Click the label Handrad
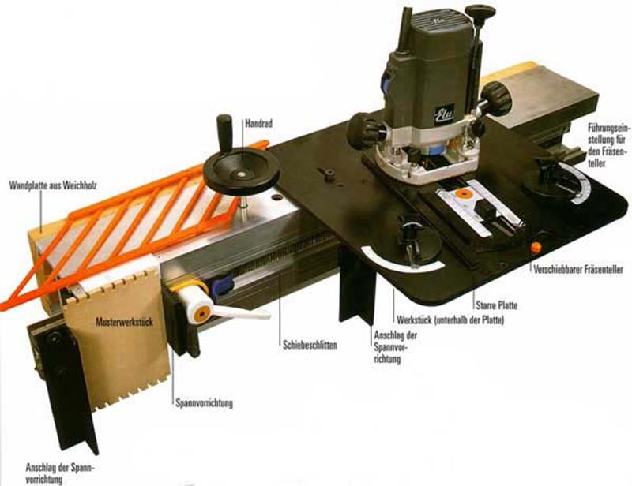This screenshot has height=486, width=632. pos(259,123)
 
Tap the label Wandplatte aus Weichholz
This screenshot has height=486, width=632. pos(53,185)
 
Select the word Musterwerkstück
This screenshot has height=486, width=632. pos(124,322)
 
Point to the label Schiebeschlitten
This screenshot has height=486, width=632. pos(310,345)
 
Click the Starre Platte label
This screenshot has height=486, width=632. pos(497,305)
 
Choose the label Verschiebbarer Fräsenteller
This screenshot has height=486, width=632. pos(578,269)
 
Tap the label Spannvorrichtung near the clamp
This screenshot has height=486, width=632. pos(204,402)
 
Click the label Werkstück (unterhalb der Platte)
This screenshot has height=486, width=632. pos(450,320)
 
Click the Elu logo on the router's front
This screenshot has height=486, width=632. pos(444,113)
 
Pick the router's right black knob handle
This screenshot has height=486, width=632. pos(497,98)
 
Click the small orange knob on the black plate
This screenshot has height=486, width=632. pos(536,247)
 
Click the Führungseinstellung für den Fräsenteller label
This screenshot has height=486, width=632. pos(606,146)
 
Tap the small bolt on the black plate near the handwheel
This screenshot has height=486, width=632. pos(329,174)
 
